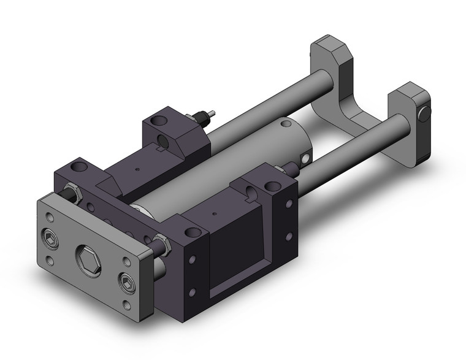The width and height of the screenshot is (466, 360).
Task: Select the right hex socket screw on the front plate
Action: (x=126, y=282)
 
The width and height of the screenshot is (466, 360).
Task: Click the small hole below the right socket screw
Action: (x=127, y=305)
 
